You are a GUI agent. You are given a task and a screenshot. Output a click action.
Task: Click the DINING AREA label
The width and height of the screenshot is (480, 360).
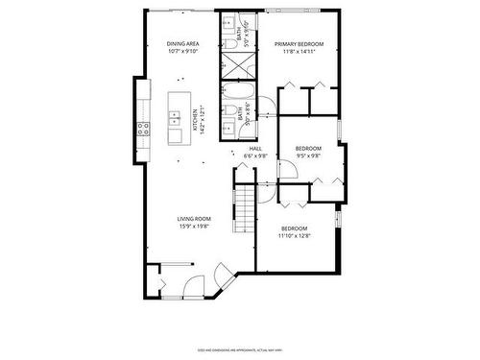pyautogui.click(x=181, y=44)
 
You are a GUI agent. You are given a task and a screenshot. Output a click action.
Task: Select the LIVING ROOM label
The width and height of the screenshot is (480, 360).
pyautogui.click(x=194, y=220)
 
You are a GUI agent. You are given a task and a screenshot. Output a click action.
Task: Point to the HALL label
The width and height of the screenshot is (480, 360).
pyautogui.click(x=255, y=149)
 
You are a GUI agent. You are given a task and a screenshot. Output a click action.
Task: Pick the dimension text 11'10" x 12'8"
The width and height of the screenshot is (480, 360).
pyautogui.click(x=294, y=235)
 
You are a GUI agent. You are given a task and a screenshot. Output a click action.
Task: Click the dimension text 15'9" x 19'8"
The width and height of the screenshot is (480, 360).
pyautogui.click(x=194, y=228)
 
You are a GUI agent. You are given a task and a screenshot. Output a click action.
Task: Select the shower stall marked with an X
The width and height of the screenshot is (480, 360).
pyautogui.click(x=235, y=64)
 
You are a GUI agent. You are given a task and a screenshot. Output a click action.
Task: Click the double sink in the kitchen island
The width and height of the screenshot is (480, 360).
pyautogui.click(x=176, y=118)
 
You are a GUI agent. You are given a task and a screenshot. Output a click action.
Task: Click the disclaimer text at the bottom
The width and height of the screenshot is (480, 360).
pyautogui.click(x=240, y=349)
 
